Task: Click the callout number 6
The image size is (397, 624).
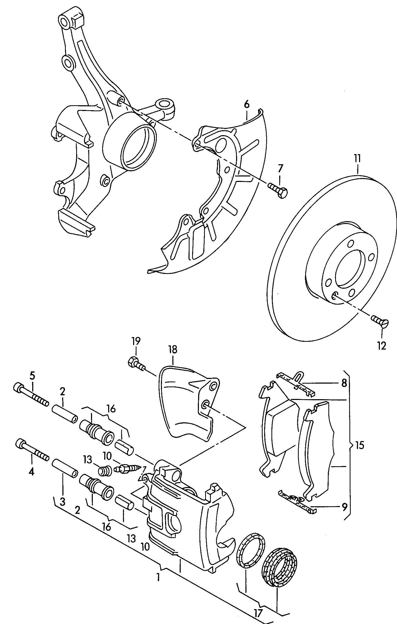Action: coord(246,104)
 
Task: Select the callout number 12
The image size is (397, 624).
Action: coord(381,346)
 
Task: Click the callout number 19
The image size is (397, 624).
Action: coord(136,341)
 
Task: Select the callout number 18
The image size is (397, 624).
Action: coord(172,350)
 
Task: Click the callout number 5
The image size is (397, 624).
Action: coord(32,376)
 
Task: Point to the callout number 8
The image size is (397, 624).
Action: coord(344,383)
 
